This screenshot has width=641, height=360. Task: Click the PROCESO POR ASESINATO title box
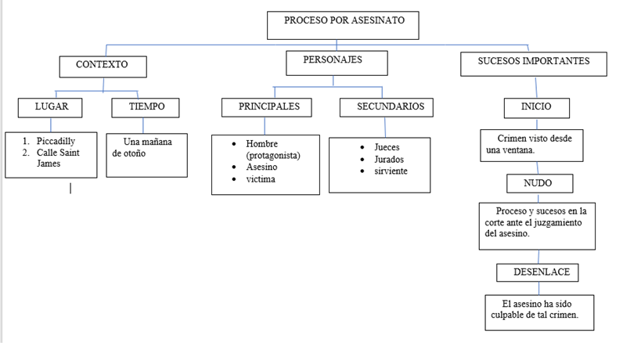[343, 24]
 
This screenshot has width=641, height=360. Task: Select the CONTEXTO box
[103, 65]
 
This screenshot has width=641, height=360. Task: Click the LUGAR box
[51, 107]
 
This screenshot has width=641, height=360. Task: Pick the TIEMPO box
[146, 107]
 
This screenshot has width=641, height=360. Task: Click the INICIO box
[536, 107]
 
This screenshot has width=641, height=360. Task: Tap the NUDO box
[538, 183]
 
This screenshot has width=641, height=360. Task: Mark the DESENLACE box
[538, 272]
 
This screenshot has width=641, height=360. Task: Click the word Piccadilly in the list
[56, 141]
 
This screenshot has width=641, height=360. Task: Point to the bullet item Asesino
[261, 167]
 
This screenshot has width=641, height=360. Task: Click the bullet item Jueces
[386, 147]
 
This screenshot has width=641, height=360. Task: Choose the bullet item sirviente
[391, 171]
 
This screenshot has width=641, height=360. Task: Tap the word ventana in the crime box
[520, 150]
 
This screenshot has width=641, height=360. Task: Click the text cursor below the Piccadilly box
[70, 187]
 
